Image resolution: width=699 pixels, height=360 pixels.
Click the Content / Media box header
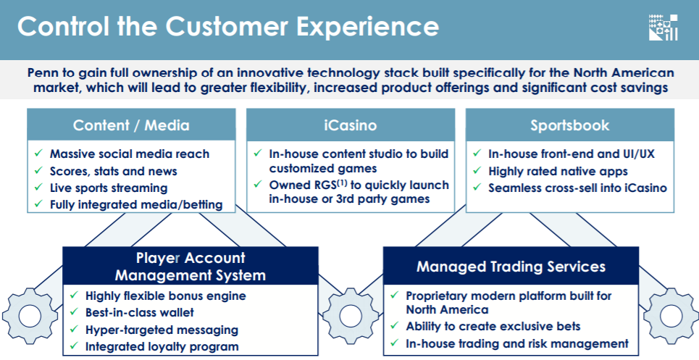coord(131,125)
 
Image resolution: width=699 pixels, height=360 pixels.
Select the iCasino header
coord(351,125)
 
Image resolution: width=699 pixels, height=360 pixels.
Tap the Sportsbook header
coord(570,125)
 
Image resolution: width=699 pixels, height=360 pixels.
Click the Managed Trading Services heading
coord(511,267)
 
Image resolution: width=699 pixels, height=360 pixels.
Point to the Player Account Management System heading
coord(191,267)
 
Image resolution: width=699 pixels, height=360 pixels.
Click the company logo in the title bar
coord(664,28)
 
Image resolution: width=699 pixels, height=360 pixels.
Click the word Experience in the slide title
coord(368,27)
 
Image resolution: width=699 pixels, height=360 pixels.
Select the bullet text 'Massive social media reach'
coord(129,154)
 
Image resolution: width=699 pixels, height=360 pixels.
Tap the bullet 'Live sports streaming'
coord(109,188)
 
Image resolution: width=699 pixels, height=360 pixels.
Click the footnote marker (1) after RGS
coord(343,183)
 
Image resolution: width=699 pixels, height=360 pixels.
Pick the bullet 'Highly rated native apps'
coord(558,171)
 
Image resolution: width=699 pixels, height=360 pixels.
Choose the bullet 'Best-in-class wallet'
coord(140,312)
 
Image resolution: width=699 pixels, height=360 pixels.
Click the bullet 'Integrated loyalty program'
coord(162,347)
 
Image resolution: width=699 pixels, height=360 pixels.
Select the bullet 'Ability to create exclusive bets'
coord(493,326)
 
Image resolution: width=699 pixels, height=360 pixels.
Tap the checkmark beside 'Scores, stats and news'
coord(38,171)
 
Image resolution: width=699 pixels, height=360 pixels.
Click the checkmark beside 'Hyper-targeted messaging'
coord(74,330)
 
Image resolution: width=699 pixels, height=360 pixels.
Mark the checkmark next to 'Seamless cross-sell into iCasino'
coord(477,187)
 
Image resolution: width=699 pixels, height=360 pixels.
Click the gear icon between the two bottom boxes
coord(351,316)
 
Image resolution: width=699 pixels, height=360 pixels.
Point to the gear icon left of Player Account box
coord(30,316)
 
